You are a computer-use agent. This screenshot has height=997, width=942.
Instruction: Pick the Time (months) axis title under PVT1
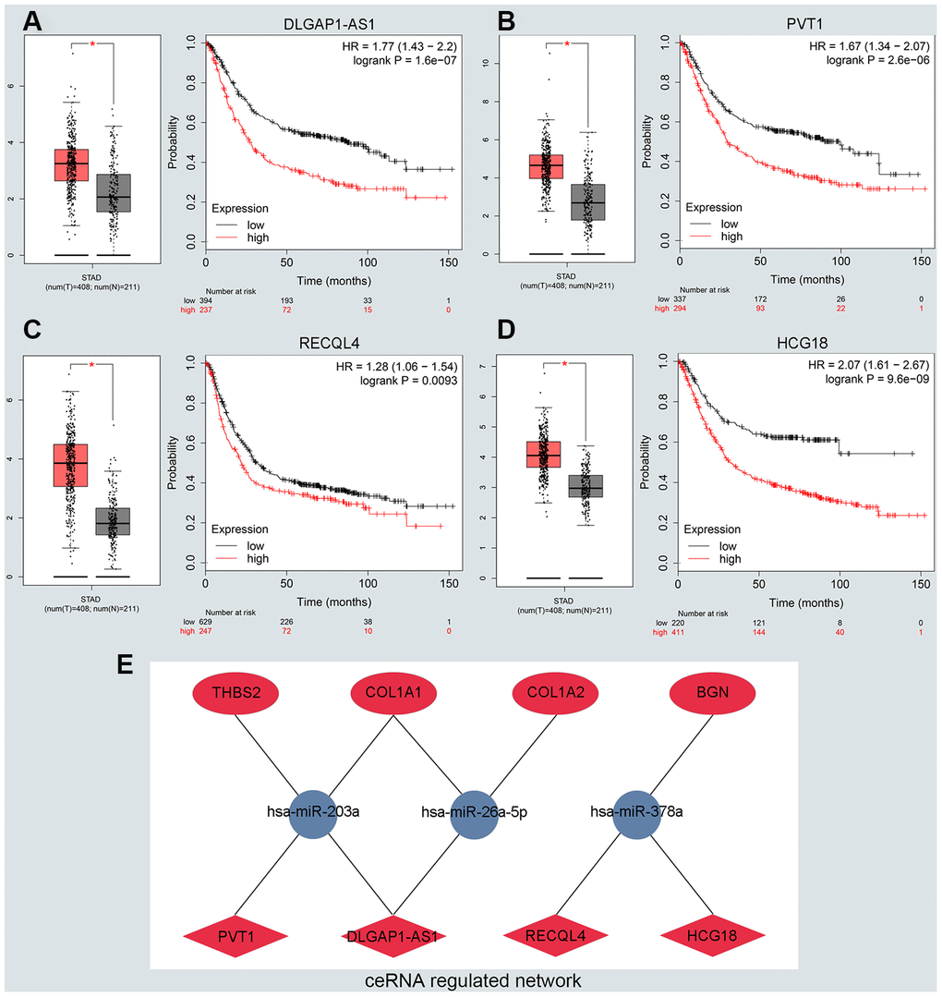pyautogui.click(x=802, y=278)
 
